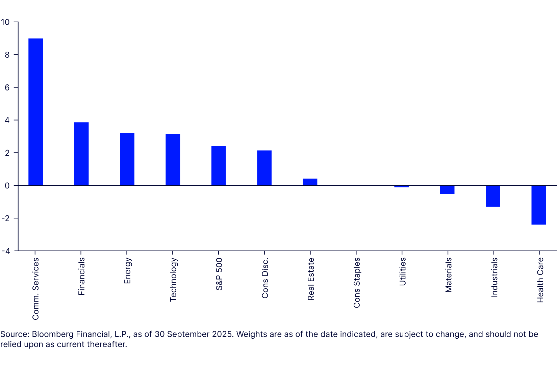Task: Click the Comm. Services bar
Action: coord(35,112)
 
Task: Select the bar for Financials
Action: coord(81,154)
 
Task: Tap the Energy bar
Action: coord(127,159)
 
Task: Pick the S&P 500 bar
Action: coord(219,166)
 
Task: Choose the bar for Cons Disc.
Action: coord(264,168)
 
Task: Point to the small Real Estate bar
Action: coord(310,182)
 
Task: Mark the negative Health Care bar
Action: coord(538,205)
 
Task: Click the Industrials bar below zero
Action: coord(493,196)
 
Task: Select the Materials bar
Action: coord(447,190)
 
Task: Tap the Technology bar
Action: coord(173,159)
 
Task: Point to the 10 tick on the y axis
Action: coord(5,22)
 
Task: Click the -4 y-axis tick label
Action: coord(5,251)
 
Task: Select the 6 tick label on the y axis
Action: coord(7,87)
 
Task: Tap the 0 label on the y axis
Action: coord(7,186)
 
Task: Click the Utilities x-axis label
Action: coord(402,271)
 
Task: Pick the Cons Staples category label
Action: coord(357,283)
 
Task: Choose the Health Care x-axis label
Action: coord(540,280)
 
